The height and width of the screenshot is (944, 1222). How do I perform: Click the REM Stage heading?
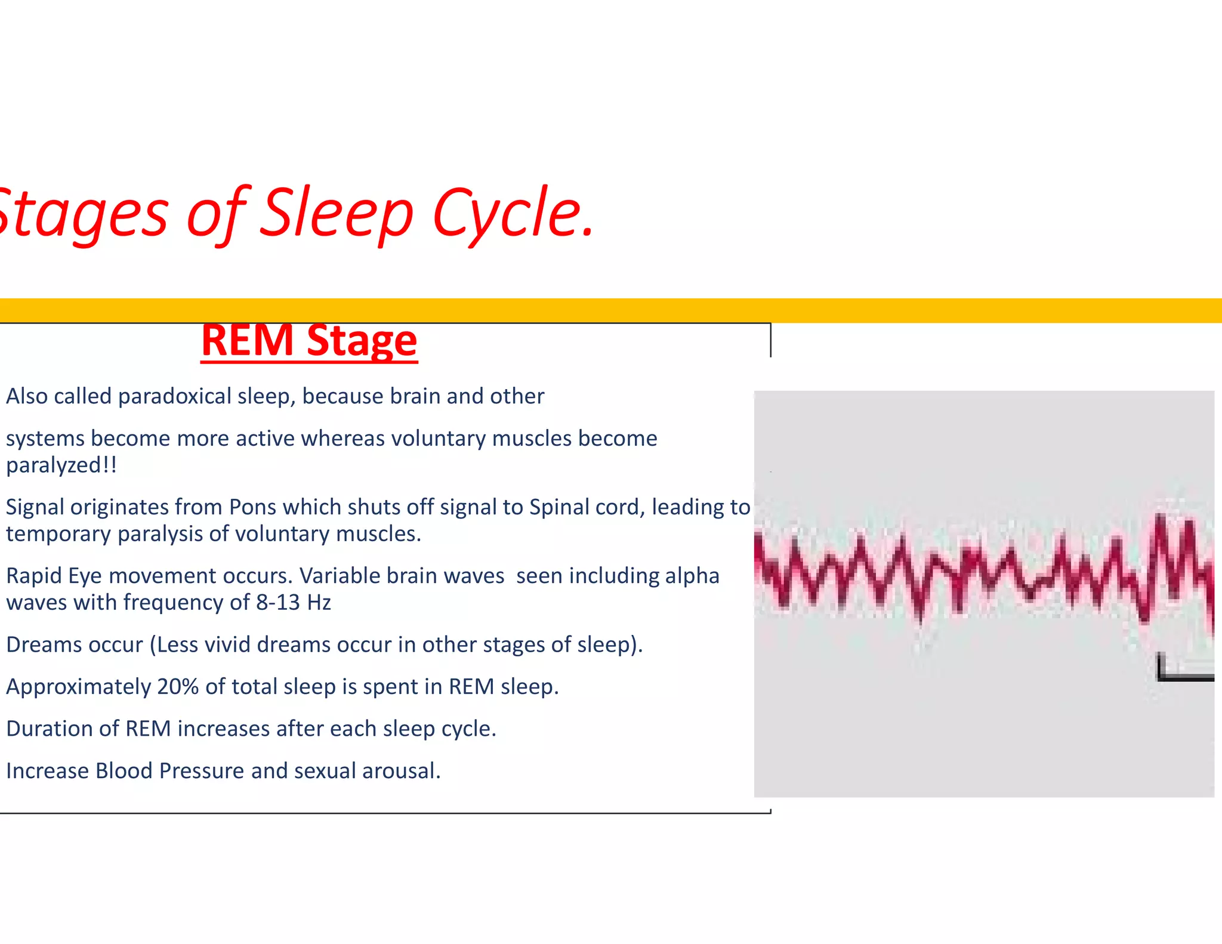pos(309,340)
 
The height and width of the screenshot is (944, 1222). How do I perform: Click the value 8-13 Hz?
pos(293,603)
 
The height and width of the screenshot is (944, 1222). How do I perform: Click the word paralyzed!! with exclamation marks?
pos(61,465)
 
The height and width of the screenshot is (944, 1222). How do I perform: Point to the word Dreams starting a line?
pos(45,645)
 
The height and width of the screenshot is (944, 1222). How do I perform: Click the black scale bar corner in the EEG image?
pos(1164,674)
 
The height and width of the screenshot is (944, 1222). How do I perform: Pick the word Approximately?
pos(78,687)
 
